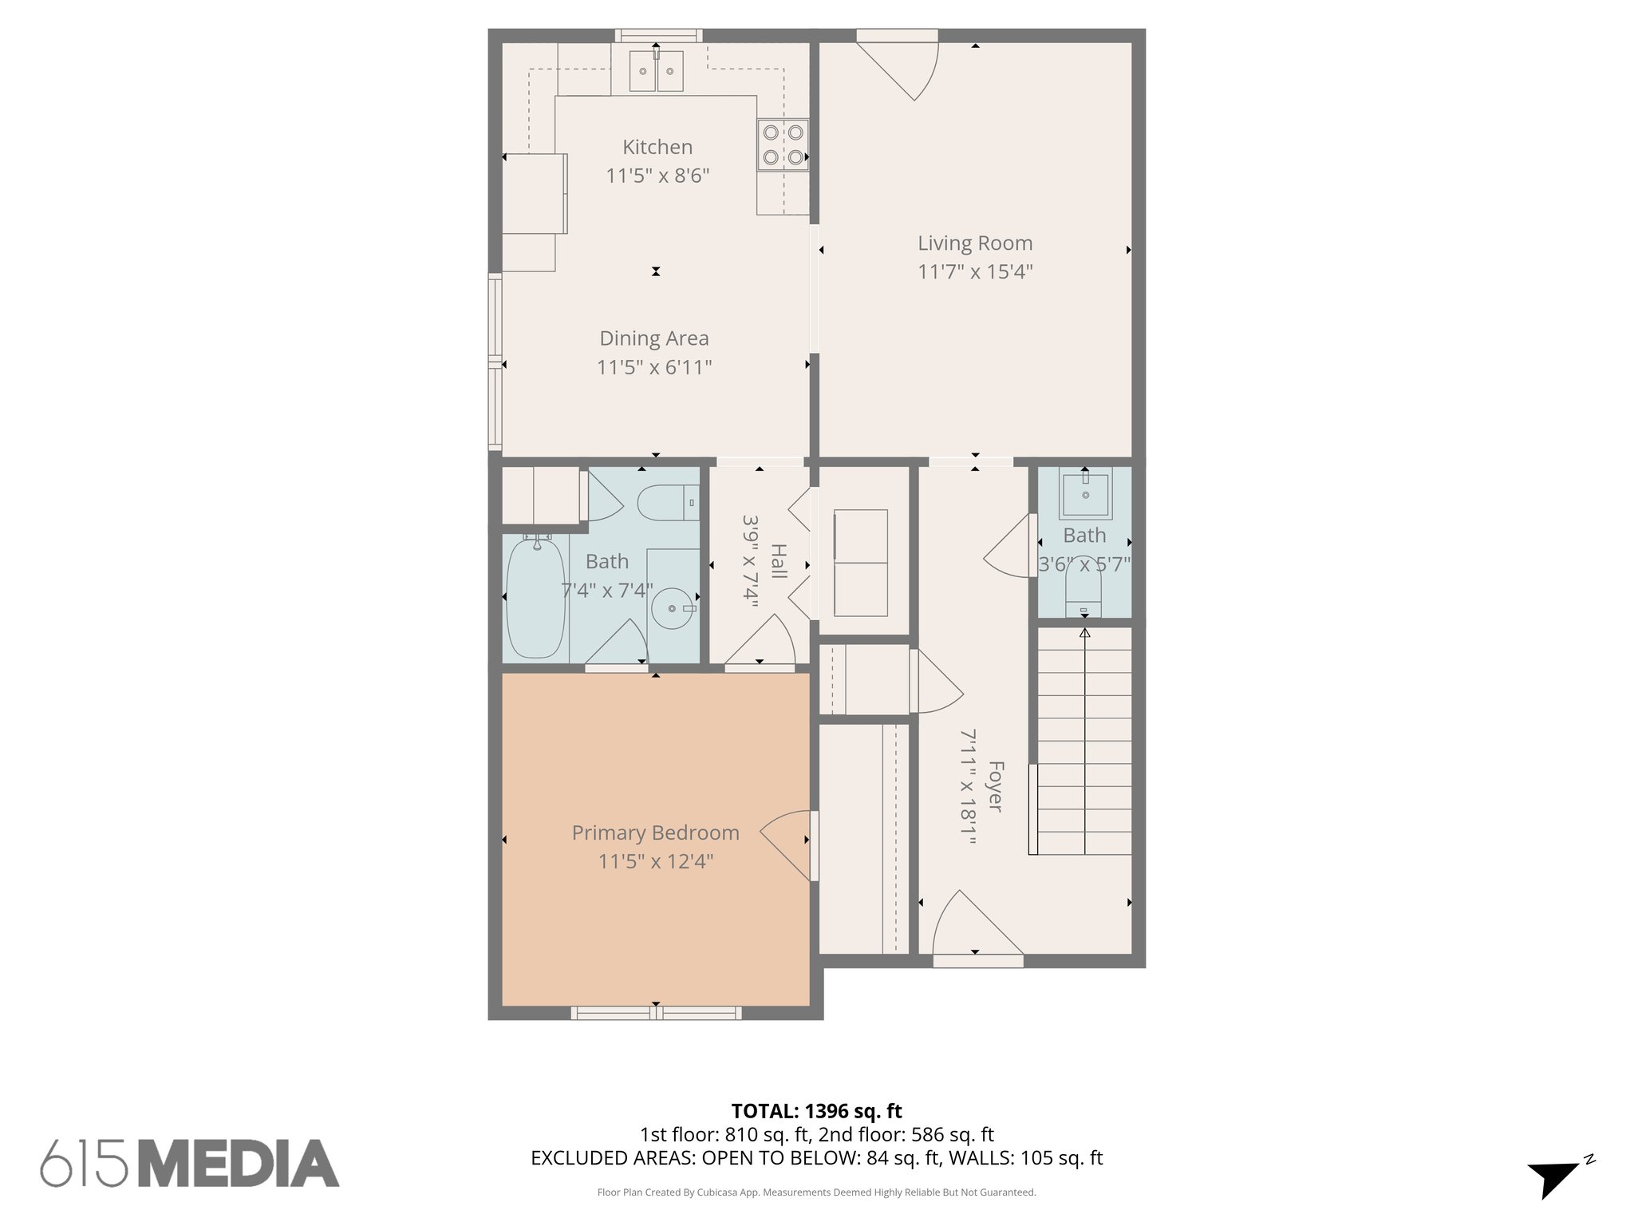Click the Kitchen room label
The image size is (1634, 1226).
coord(657,147)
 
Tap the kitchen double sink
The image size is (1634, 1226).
coord(656,72)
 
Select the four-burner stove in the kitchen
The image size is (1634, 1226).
coord(783,144)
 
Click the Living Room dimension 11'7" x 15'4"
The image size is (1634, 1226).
coord(975,272)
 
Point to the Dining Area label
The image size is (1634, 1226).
coord(654,338)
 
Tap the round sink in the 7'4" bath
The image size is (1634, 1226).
coord(673,608)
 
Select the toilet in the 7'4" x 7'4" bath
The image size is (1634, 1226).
coord(668,503)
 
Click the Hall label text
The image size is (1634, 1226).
coord(779,563)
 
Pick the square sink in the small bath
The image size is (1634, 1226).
coord(1085,496)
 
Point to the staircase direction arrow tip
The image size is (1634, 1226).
coord(1084,632)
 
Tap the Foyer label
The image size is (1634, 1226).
coord(995,786)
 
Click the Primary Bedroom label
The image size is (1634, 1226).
coord(655,832)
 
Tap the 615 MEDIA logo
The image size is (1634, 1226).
coord(190,1163)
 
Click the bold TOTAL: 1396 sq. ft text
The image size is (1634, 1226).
coord(816,1111)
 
